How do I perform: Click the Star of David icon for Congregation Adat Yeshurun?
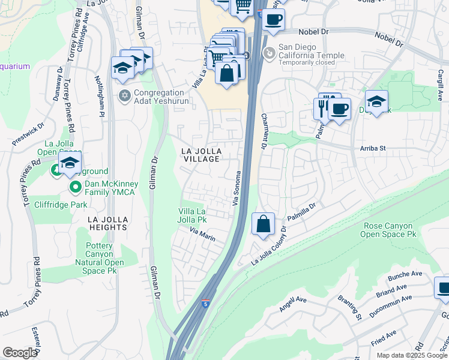[x=125, y=95]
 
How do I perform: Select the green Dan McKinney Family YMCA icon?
[x=76, y=188]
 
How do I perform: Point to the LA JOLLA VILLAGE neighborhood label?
[x=201, y=154]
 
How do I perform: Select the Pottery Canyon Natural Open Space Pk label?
[x=100, y=254]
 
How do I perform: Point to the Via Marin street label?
[x=202, y=234]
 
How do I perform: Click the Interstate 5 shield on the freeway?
[x=206, y=304]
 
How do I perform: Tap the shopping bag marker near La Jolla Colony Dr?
[x=263, y=225]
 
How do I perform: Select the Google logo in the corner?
[x=20, y=353]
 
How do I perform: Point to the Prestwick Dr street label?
[x=28, y=135]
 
